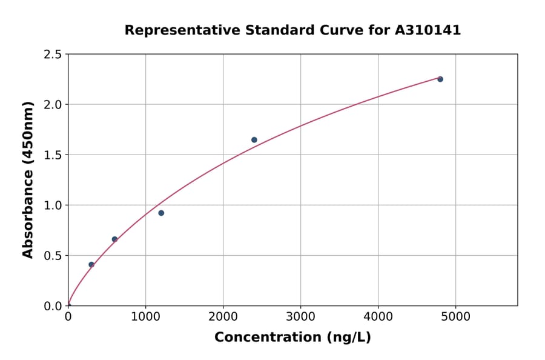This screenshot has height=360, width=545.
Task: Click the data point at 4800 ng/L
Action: (x=440, y=79)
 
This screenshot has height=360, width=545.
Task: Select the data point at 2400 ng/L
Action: (x=254, y=140)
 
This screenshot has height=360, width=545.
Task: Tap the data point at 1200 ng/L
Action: (x=161, y=213)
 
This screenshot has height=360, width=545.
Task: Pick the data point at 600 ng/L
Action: (x=114, y=239)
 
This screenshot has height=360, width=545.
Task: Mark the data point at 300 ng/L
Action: (x=91, y=265)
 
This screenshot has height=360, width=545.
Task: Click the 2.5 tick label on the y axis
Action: (x=53, y=55)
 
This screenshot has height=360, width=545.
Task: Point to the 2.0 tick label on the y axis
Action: (x=53, y=105)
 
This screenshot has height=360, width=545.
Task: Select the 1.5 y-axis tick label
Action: (x=53, y=155)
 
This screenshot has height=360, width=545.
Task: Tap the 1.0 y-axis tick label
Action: (x=53, y=205)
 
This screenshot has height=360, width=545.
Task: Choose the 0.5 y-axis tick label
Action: (x=53, y=256)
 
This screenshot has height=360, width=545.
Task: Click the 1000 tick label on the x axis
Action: (x=145, y=316)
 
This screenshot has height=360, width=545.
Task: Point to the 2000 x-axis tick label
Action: (x=223, y=316)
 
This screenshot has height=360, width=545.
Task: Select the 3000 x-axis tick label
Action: (x=301, y=316)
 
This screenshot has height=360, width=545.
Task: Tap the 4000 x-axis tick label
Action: (x=378, y=316)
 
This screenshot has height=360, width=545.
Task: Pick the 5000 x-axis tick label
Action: (x=456, y=316)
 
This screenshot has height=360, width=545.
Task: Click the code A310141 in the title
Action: (x=428, y=30)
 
